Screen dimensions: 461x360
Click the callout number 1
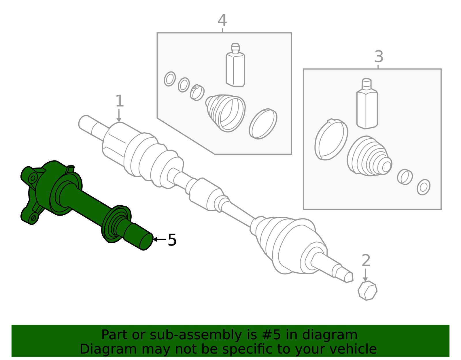click(x=120, y=101)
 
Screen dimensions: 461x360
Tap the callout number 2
click(x=366, y=260)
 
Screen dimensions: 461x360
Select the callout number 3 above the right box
click(x=379, y=57)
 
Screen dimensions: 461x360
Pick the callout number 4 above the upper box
click(x=222, y=20)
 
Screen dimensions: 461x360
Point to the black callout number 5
click(x=172, y=240)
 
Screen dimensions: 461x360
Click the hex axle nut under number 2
click(x=367, y=291)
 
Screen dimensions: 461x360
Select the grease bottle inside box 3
click(x=367, y=103)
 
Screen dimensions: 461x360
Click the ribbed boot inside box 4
click(x=226, y=113)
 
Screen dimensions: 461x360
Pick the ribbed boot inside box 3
click(x=369, y=156)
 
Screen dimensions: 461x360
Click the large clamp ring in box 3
click(x=331, y=140)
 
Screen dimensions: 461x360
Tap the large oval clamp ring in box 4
click(x=263, y=124)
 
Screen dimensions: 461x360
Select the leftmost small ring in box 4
click(x=170, y=79)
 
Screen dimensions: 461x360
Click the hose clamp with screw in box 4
click(x=197, y=92)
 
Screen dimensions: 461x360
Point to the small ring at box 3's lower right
click(x=424, y=187)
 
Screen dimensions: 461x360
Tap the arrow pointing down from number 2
click(x=365, y=275)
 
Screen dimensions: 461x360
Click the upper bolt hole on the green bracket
click(x=33, y=178)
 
